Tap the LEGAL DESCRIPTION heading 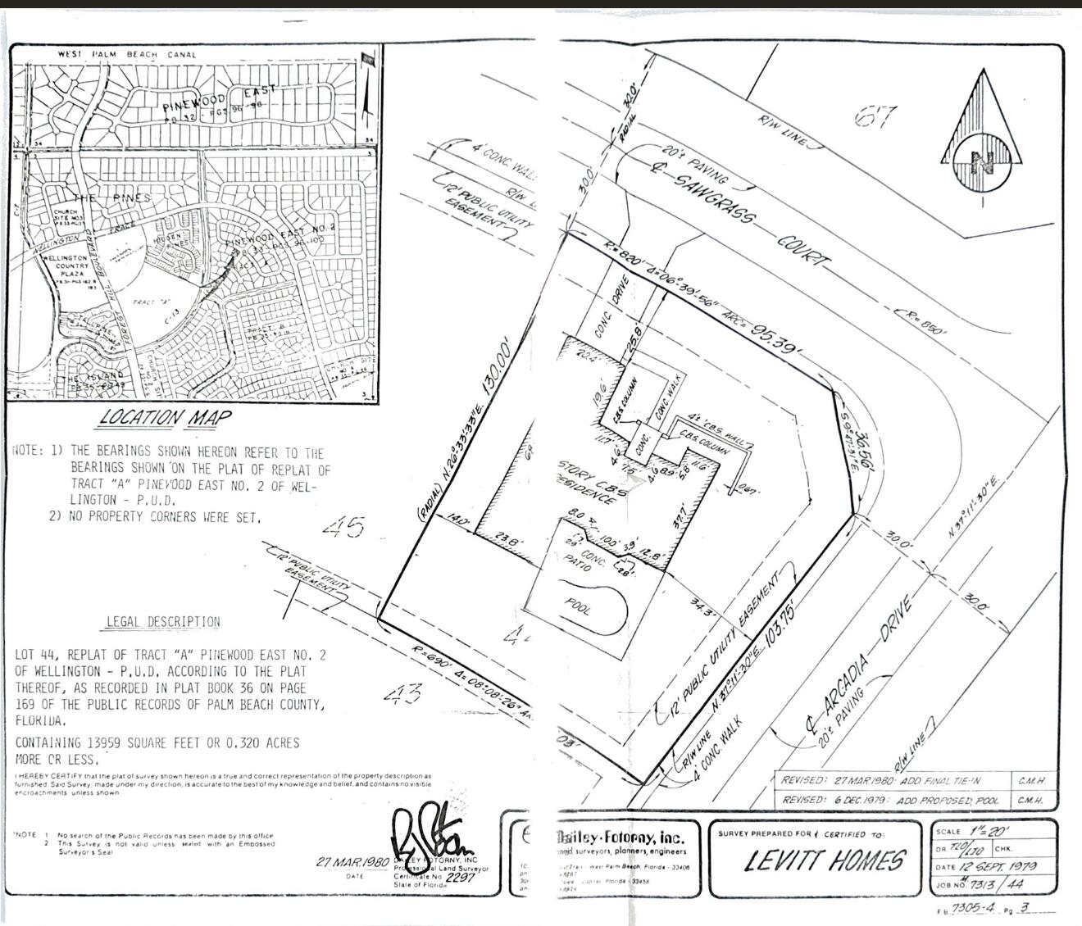coord(163,622)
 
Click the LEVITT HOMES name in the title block coord(825,860)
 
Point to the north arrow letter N coord(981,161)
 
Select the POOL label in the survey coord(580,606)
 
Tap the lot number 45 coord(343,526)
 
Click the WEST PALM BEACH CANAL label coord(127,55)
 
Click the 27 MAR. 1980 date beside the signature coord(352,863)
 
